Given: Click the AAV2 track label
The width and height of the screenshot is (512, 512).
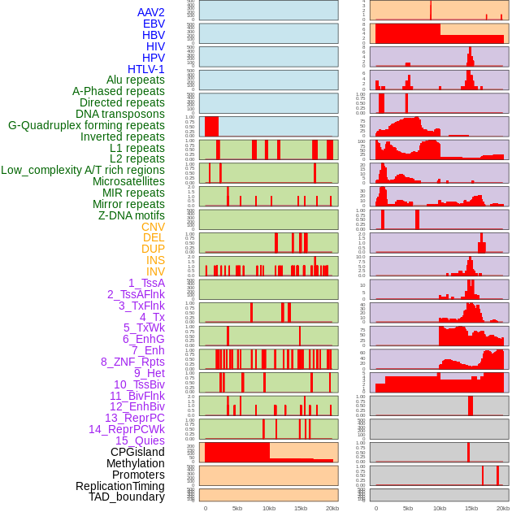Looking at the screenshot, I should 150,12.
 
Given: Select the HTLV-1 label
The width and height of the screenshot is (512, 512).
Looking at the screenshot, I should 145,69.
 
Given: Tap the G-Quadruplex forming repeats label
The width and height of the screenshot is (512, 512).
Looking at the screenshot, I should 86,125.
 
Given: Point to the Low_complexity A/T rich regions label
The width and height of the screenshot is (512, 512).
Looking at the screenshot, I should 83,170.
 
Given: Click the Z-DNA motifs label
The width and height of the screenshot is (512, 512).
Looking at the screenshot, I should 131,215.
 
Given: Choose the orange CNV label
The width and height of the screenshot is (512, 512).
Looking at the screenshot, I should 153,227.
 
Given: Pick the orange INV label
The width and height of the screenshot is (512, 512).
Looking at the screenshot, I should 155,271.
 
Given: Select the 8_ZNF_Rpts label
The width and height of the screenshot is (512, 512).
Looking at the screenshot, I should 132,362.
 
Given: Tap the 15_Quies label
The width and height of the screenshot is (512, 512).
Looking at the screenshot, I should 140,440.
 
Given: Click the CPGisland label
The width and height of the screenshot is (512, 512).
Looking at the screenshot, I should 137,452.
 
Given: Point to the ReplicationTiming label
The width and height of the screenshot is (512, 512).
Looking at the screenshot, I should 120,486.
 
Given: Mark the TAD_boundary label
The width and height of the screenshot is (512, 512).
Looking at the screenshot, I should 127,497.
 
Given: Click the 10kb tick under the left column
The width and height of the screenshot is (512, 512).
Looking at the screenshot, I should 268,508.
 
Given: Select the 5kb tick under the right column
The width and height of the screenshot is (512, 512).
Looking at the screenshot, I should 407,508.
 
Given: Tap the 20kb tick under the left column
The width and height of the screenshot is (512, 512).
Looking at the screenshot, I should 332,508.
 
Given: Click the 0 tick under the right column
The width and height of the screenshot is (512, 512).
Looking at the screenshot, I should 375,508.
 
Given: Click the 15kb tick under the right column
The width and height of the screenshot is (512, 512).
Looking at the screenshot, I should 471,508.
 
